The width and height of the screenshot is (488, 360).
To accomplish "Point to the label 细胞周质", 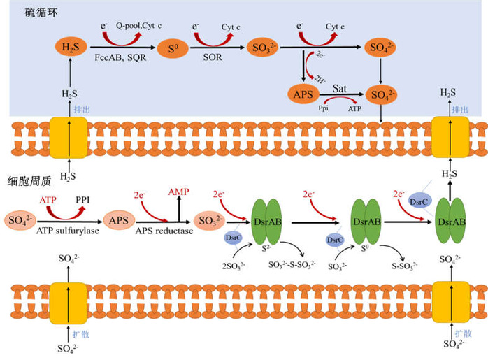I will (27, 178).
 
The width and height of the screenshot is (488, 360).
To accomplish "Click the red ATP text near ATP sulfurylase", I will (48, 200).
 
